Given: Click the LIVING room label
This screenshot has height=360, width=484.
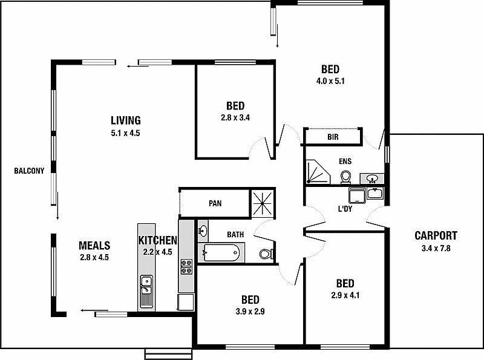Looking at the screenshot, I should [x=126, y=120].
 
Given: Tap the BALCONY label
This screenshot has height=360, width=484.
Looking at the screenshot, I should [x=29, y=171].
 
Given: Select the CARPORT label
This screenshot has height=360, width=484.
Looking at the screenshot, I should [x=436, y=235].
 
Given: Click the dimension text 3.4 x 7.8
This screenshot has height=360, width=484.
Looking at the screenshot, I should [x=436, y=248].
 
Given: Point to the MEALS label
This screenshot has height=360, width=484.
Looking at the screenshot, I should [x=94, y=246].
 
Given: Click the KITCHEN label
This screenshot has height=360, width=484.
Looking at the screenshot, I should [x=157, y=241].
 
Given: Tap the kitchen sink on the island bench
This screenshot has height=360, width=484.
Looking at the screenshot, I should [x=146, y=283].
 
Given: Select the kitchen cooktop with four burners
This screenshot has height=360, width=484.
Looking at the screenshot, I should [x=186, y=267].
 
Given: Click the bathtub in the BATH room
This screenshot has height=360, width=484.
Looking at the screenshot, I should [x=221, y=253].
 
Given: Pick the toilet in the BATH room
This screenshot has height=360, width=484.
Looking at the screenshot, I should [x=266, y=254].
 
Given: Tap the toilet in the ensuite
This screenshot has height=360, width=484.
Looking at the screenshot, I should [x=346, y=176].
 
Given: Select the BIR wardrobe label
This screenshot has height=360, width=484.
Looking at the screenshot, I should [x=333, y=137].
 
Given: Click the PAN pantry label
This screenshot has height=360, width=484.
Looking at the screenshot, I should [x=215, y=203].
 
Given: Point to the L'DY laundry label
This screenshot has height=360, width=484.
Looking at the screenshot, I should [x=345, y=209].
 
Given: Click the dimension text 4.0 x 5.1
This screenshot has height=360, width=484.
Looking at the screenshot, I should [x=330, y=80].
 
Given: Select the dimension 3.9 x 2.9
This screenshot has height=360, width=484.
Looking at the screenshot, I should [x=250, y=312].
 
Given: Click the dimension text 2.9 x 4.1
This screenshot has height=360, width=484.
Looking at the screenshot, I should [x=345, y=296].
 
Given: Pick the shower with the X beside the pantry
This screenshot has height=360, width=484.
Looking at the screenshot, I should [x=263, y=203].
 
